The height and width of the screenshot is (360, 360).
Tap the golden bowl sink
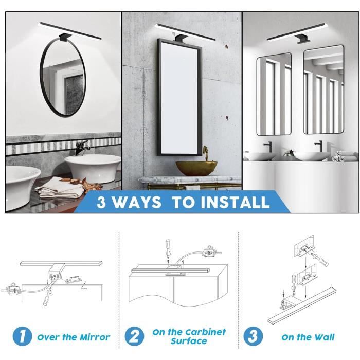(x=196, y=168)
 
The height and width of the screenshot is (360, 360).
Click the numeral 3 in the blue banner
(x=101, y=202)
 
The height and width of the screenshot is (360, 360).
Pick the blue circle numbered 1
(x=22, y=336)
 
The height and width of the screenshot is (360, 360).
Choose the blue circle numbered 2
(x=135, y=336)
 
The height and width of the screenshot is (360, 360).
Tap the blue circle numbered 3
(x=253, y=336)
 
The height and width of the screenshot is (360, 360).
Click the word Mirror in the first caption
(x=95, y=337)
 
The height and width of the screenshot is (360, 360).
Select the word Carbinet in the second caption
(x=206, y=332)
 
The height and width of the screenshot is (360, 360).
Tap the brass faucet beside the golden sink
(x=206, y=153)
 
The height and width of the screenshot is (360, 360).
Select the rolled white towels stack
(x=339, y=156)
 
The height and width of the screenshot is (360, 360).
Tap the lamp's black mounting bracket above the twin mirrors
(x=303, y=39)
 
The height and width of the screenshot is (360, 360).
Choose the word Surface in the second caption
(x=189, y=341)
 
